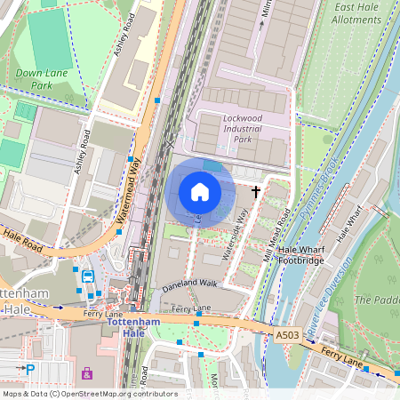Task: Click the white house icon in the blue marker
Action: click(200, 191)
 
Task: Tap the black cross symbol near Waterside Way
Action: click(257, 191)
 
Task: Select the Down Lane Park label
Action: click(41, 79)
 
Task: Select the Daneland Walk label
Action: click(188, 284)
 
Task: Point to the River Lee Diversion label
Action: click(332, 298)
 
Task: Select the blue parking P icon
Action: click(30, 369)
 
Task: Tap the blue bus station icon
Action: click(88, 276)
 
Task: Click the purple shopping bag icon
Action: click(86, 372)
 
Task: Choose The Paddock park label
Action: click(377, 300)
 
